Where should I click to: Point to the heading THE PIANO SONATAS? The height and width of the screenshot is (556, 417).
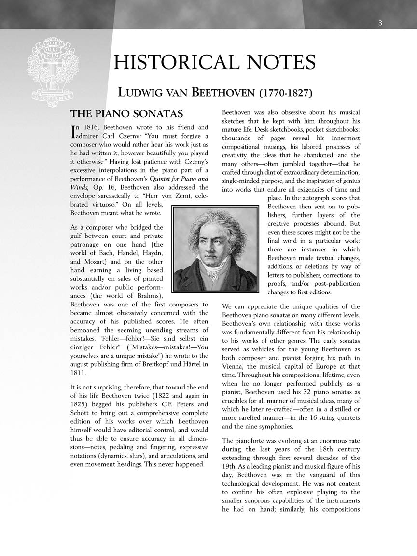(127, 114)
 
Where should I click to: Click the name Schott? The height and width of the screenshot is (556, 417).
(81, 413)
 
